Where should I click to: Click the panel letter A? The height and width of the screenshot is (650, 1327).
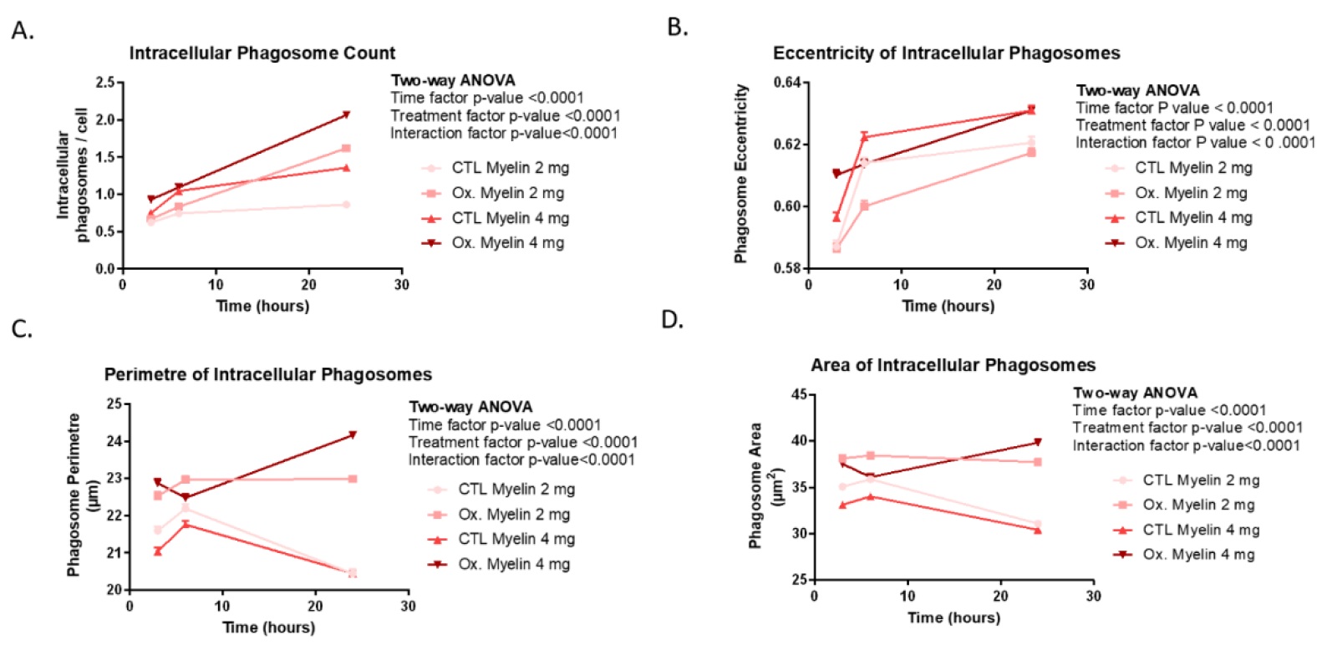(x=23, y=32)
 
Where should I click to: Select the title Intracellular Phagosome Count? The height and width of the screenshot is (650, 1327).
(x=262, y=53)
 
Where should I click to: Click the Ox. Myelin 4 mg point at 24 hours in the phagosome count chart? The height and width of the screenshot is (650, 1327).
(x=346, y=115)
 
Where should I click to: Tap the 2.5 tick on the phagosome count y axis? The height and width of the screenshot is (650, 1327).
(x=105, y=83)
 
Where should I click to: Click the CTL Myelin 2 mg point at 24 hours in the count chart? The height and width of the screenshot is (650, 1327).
(x=346, y=205)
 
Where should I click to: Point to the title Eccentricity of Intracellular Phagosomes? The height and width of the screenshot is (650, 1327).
(x=946, y=53)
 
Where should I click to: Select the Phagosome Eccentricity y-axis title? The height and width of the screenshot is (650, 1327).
(x=740, y=174)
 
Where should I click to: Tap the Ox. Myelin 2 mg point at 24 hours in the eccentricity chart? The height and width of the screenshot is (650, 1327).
(x=1031, y=152)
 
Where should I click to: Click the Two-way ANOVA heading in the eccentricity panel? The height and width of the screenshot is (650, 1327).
(x=1137, y=90)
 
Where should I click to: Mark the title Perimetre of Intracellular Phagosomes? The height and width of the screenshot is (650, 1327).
(x=267, y=374)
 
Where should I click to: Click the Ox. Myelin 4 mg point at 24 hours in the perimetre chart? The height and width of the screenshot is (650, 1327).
(x=353, y=434)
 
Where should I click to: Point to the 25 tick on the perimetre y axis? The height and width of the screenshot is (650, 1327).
(x=114, y=404)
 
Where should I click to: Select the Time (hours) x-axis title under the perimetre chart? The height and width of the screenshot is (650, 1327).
(x=268, y=627)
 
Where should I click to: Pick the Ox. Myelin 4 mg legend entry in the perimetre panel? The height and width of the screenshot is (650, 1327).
(x=513, y=565)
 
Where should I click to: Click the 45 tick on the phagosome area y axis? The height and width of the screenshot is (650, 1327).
(x=798, y=394)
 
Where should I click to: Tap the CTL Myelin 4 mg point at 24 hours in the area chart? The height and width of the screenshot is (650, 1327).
(x=1038, y=530)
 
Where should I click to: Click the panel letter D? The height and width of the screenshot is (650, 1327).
(x=672, y=320)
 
